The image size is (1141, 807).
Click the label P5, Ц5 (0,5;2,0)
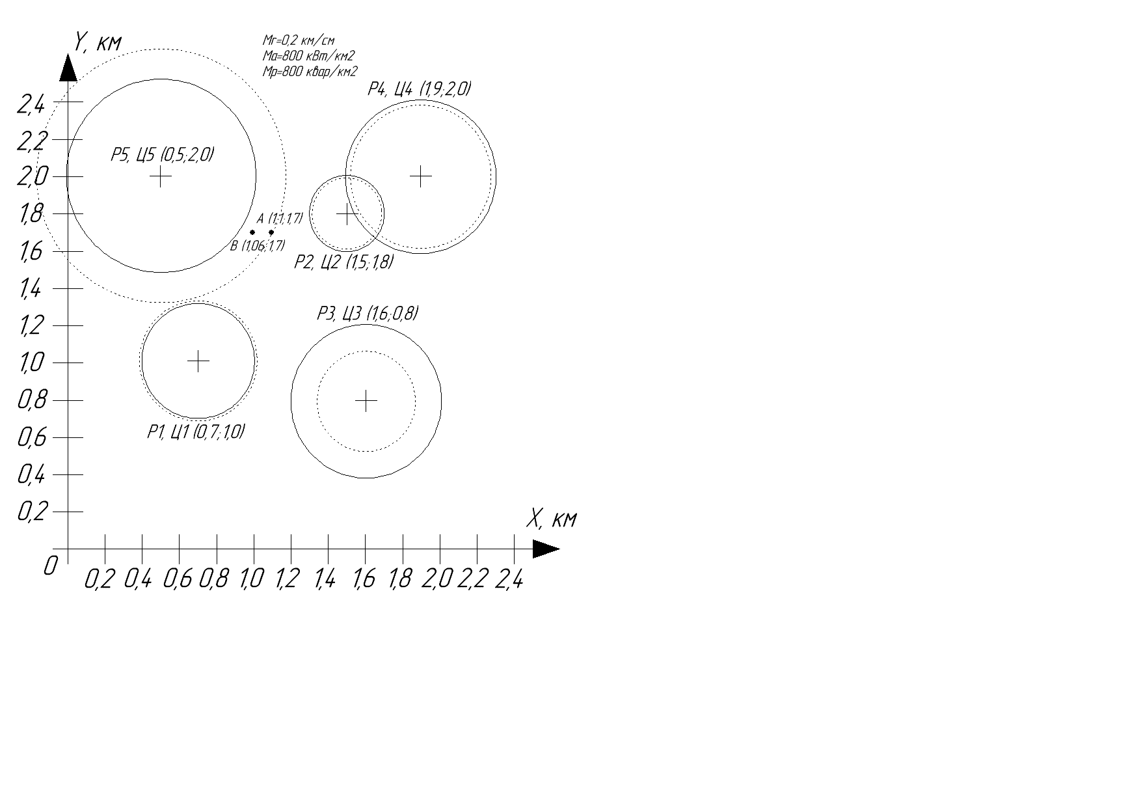pos(162,155)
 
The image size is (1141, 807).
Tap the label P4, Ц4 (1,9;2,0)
pos(420,89)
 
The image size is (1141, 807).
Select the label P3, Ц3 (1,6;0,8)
pos(368,314)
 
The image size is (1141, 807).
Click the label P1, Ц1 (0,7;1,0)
pos(196,431)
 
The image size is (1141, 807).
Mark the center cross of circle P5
pos(161,176)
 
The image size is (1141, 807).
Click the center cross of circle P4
pos(421,176)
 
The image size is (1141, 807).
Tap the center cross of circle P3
pos(366,400)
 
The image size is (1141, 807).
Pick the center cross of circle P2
pos(347,213)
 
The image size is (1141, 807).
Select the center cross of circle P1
pos(198,361)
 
